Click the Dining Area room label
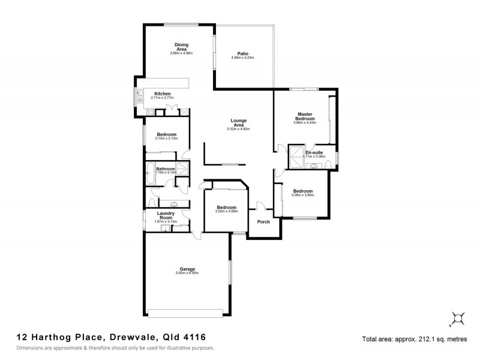pyautogui.click(x=182, y=46)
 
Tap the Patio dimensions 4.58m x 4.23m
pyautogui.click(x=242, y=58)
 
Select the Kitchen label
pyautogui.click(x=163, y=94)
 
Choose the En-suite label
pyautogui.click(x=314, y=152)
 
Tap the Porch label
pyautogui.click(x=263, y=222)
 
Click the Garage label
pyautogui.click(x=187, y=269)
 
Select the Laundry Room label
pyautogui.click(x=166, y=215)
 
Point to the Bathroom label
pyautogui.click(x=166, y=169)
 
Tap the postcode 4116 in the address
pyautogui.click(x=199, y=338)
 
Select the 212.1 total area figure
pyautogui.click(x=423, y=339)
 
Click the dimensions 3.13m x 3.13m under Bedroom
pyautogui.click(x=166, y=139)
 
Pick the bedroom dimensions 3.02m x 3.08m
pyautogui.click(x=227, y=211)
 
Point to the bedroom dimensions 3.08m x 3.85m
pyautogui.click(x=302, y=196)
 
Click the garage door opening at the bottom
pyautogui.click(x=187, y=313)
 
